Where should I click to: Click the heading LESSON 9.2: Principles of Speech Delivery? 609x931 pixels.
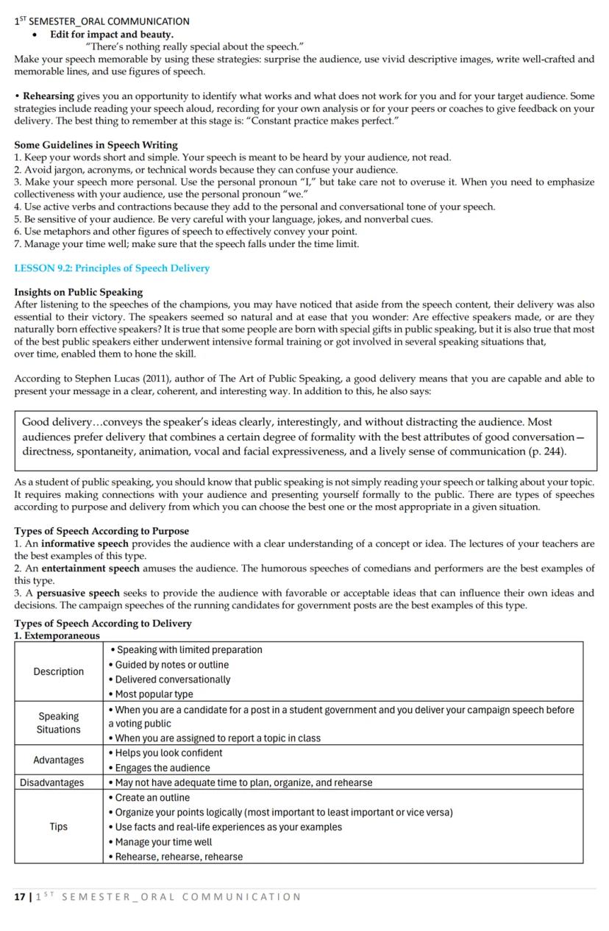point(112,268)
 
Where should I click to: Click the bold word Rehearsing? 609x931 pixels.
point(49,96)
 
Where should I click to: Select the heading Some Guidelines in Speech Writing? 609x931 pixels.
point(96,145)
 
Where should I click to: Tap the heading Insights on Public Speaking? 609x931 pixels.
point(78,292)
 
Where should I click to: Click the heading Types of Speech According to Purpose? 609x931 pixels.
point(101,531)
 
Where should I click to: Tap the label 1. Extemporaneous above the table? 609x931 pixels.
point(57,635)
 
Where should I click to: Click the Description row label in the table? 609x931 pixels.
point(59,671)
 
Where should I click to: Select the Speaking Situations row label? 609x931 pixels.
point(59,723)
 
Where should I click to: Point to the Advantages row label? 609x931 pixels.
point(59,760)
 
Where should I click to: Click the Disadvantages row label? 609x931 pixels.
point(51,782)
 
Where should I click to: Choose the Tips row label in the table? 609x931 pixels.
point(59,827)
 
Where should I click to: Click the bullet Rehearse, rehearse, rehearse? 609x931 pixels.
point(179,856)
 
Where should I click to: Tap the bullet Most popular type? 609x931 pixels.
point(154,693)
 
